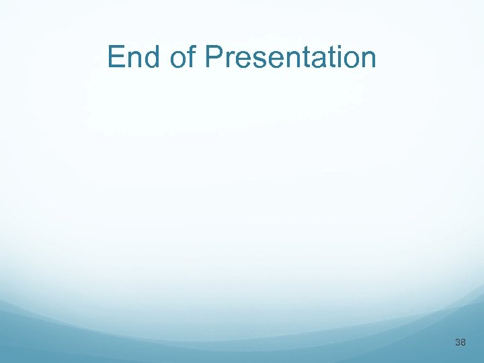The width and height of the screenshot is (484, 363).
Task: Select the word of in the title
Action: (182, 57)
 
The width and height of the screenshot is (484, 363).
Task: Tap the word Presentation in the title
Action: (290, 57)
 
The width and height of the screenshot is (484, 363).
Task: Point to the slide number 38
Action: (460, 343)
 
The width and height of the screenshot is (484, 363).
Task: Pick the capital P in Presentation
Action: (214, 57)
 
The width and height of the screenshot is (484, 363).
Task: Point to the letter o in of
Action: (178, 58)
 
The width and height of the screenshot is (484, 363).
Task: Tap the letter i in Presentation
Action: (333, 57)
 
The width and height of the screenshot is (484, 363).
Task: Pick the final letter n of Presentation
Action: (367, 58)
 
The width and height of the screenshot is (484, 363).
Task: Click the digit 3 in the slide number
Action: (458, 343)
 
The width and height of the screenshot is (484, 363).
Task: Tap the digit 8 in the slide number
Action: (463, 343)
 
